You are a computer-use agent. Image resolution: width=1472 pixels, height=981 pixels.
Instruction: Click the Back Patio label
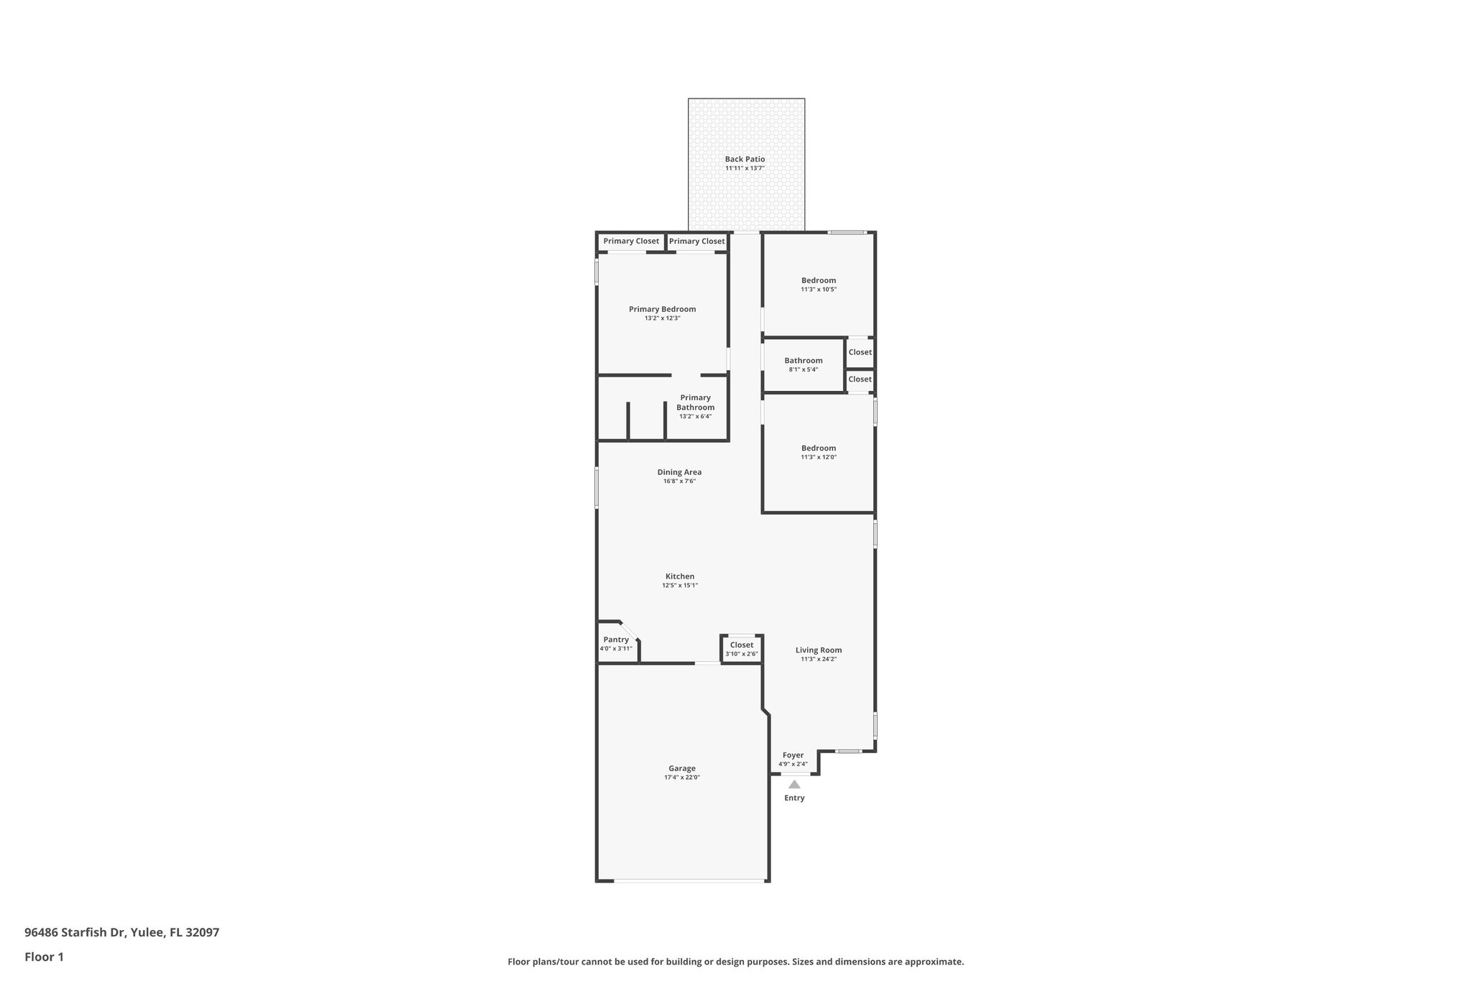pos(745,160)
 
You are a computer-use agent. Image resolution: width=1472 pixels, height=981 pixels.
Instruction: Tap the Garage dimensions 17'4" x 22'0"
pos(681,778)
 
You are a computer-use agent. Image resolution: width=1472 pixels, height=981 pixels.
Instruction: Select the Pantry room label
pos(616,640)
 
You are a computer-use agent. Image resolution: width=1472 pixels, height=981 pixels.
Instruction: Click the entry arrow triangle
pos(794,784)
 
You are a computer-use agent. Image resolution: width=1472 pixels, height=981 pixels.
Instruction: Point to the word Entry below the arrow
pos(794,798)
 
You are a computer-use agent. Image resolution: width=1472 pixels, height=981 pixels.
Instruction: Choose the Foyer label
pos(793,755)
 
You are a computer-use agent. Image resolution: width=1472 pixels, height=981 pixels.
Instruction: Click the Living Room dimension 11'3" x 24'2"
pos(819,659)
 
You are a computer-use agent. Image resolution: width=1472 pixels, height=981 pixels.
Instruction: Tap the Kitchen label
pos(680,576)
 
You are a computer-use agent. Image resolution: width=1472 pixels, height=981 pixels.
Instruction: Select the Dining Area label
pos(679,472)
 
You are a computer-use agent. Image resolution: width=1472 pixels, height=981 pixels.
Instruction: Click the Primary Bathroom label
pos(695,402)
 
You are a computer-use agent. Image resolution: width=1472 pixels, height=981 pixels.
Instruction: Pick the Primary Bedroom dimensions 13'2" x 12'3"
pos(662,318)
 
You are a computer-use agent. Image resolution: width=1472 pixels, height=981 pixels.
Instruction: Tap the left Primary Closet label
pos(631,241)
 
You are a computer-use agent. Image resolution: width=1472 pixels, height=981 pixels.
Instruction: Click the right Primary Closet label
pos(697,241)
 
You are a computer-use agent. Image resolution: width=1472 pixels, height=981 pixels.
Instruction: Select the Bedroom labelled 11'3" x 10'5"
pos(819,280)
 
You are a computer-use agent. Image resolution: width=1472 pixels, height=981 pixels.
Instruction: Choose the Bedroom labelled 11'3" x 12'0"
pos(819,448)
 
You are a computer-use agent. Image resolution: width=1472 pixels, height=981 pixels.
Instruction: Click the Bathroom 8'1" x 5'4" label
pos(803,361)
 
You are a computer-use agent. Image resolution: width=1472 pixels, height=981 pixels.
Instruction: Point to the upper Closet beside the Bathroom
pos(860,352)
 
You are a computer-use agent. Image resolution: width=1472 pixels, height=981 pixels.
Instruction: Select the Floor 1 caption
pos(44,957)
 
